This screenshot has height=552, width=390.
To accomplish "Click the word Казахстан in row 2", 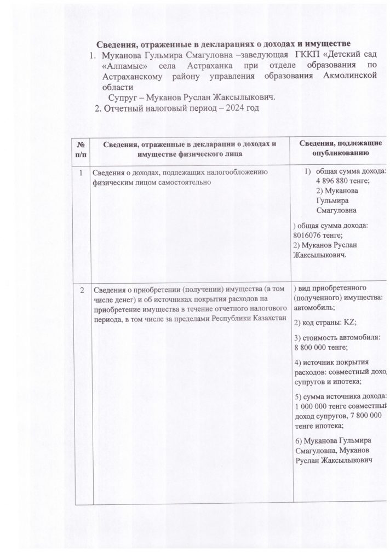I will (268, 319).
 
